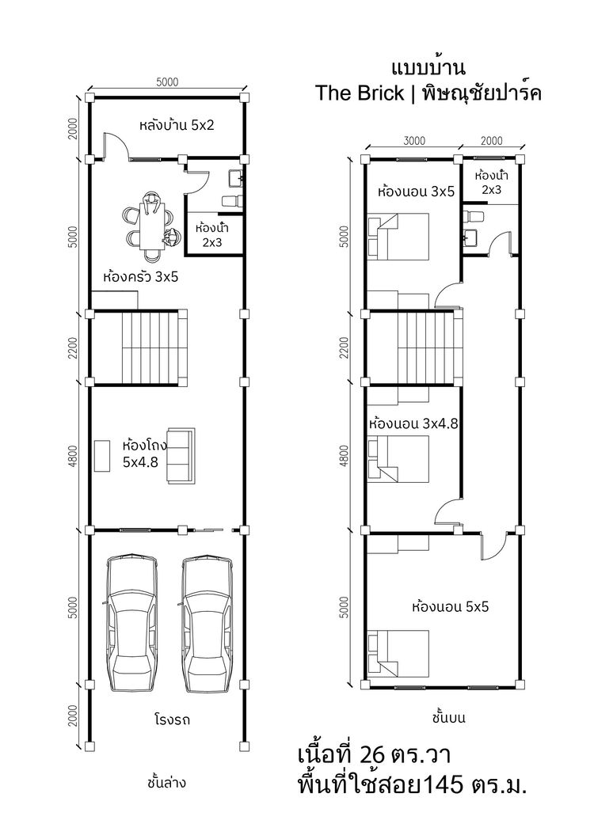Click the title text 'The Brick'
(359, 93)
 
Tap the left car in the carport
(131, 623)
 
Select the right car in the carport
(207, 623)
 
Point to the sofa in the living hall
(181, 456)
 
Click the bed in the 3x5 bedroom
(398, 237)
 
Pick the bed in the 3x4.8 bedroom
(398, 458)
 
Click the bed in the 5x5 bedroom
(398, 653)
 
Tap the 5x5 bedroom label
(450, 607)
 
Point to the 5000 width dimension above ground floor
(167, 82)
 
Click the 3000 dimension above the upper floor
(414, 141)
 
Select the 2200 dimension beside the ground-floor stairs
(74, 347)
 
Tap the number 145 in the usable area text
(444, 785)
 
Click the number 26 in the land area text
(372, 755)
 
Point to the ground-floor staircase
(154, 348)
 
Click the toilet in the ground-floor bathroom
(233, 201)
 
